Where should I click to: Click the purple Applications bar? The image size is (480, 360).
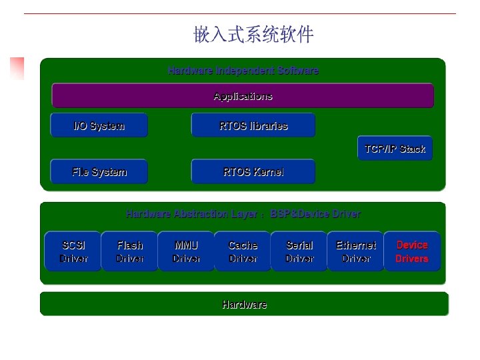(x=243, y=96)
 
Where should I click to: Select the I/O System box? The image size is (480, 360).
(x=99, y=125)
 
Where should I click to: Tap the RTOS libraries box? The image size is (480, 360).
(x=253, y=125)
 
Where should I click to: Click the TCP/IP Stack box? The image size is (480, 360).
(x=395, y=149)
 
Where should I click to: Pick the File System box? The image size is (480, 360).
(x=99, y=171)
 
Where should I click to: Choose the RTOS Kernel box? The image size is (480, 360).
(x=253, y=171)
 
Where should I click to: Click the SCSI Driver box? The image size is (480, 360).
(x=73, y=251)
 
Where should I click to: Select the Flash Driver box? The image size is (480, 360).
(x=130, y=251)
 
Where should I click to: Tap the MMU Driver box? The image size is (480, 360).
(x=186, y=251)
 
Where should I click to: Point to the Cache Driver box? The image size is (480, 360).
(x=243, y=251)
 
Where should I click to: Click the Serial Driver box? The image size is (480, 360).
(x=299, y=251)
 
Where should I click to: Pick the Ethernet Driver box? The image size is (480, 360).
(x=355, y=251)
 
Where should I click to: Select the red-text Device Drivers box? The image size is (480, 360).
(x=412, y=251)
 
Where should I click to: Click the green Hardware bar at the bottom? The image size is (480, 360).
(x=244, y=304)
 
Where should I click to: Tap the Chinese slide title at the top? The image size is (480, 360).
(x=253, y=35)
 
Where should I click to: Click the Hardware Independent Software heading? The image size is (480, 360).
(x=243, y=70)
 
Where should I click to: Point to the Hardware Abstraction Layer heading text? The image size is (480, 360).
(x=243, y=214)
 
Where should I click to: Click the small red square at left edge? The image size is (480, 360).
(x=17, y=68)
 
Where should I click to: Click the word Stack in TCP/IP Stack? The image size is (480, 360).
(x=412, y=149)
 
